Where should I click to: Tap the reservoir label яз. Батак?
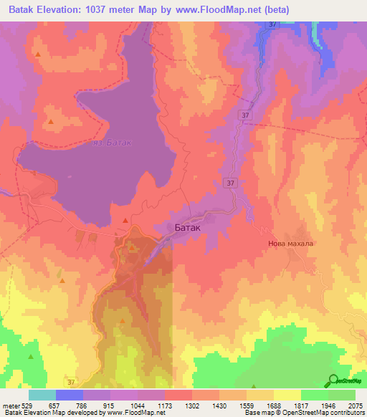(113, 143)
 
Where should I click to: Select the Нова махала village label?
(291, 243)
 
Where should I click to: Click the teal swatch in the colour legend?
(42, 395)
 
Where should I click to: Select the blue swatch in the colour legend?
(70, 395)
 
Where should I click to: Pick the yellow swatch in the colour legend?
(287, 395)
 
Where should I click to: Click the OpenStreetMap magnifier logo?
(334, 380)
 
